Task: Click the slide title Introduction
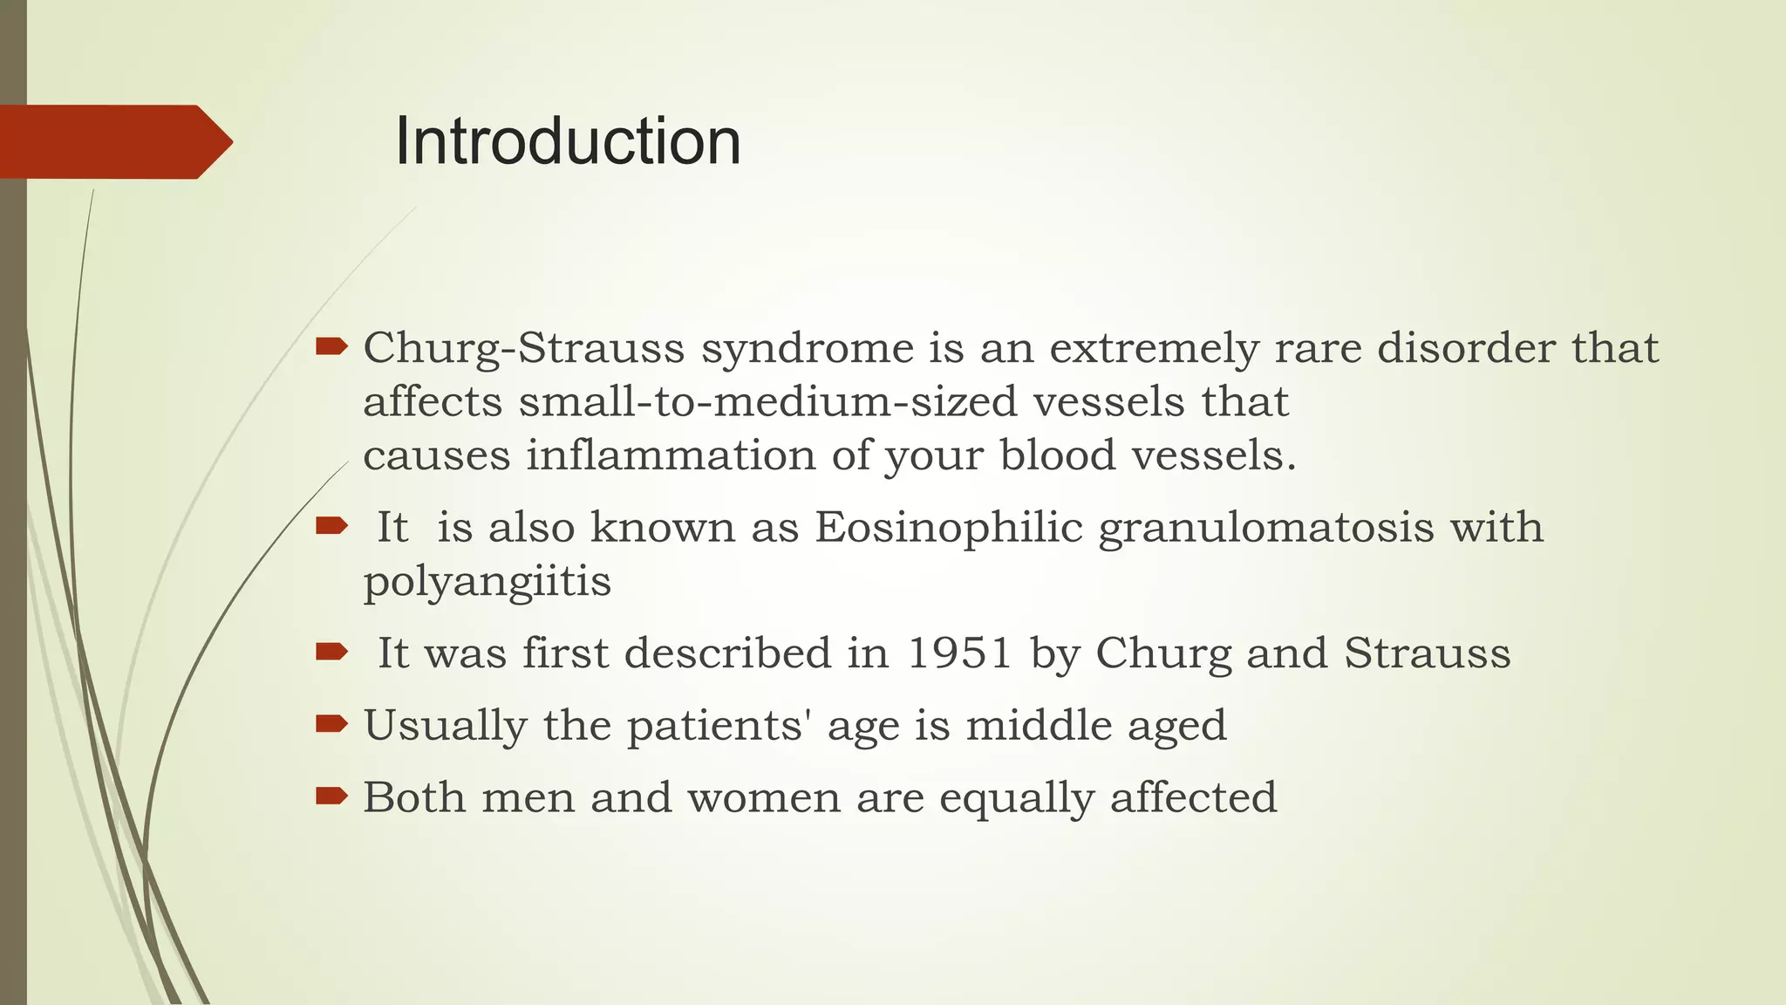point(568,141)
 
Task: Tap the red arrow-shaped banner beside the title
point(113,141)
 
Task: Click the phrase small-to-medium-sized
point(768,402)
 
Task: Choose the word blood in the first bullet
point(1057,455)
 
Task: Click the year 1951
point(959,653)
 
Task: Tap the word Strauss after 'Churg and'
point(1427,653)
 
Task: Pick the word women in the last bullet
point(763,797)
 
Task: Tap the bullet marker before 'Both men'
point(331,795)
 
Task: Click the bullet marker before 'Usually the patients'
point(331,723)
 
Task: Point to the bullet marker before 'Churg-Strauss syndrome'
point(331,347)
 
